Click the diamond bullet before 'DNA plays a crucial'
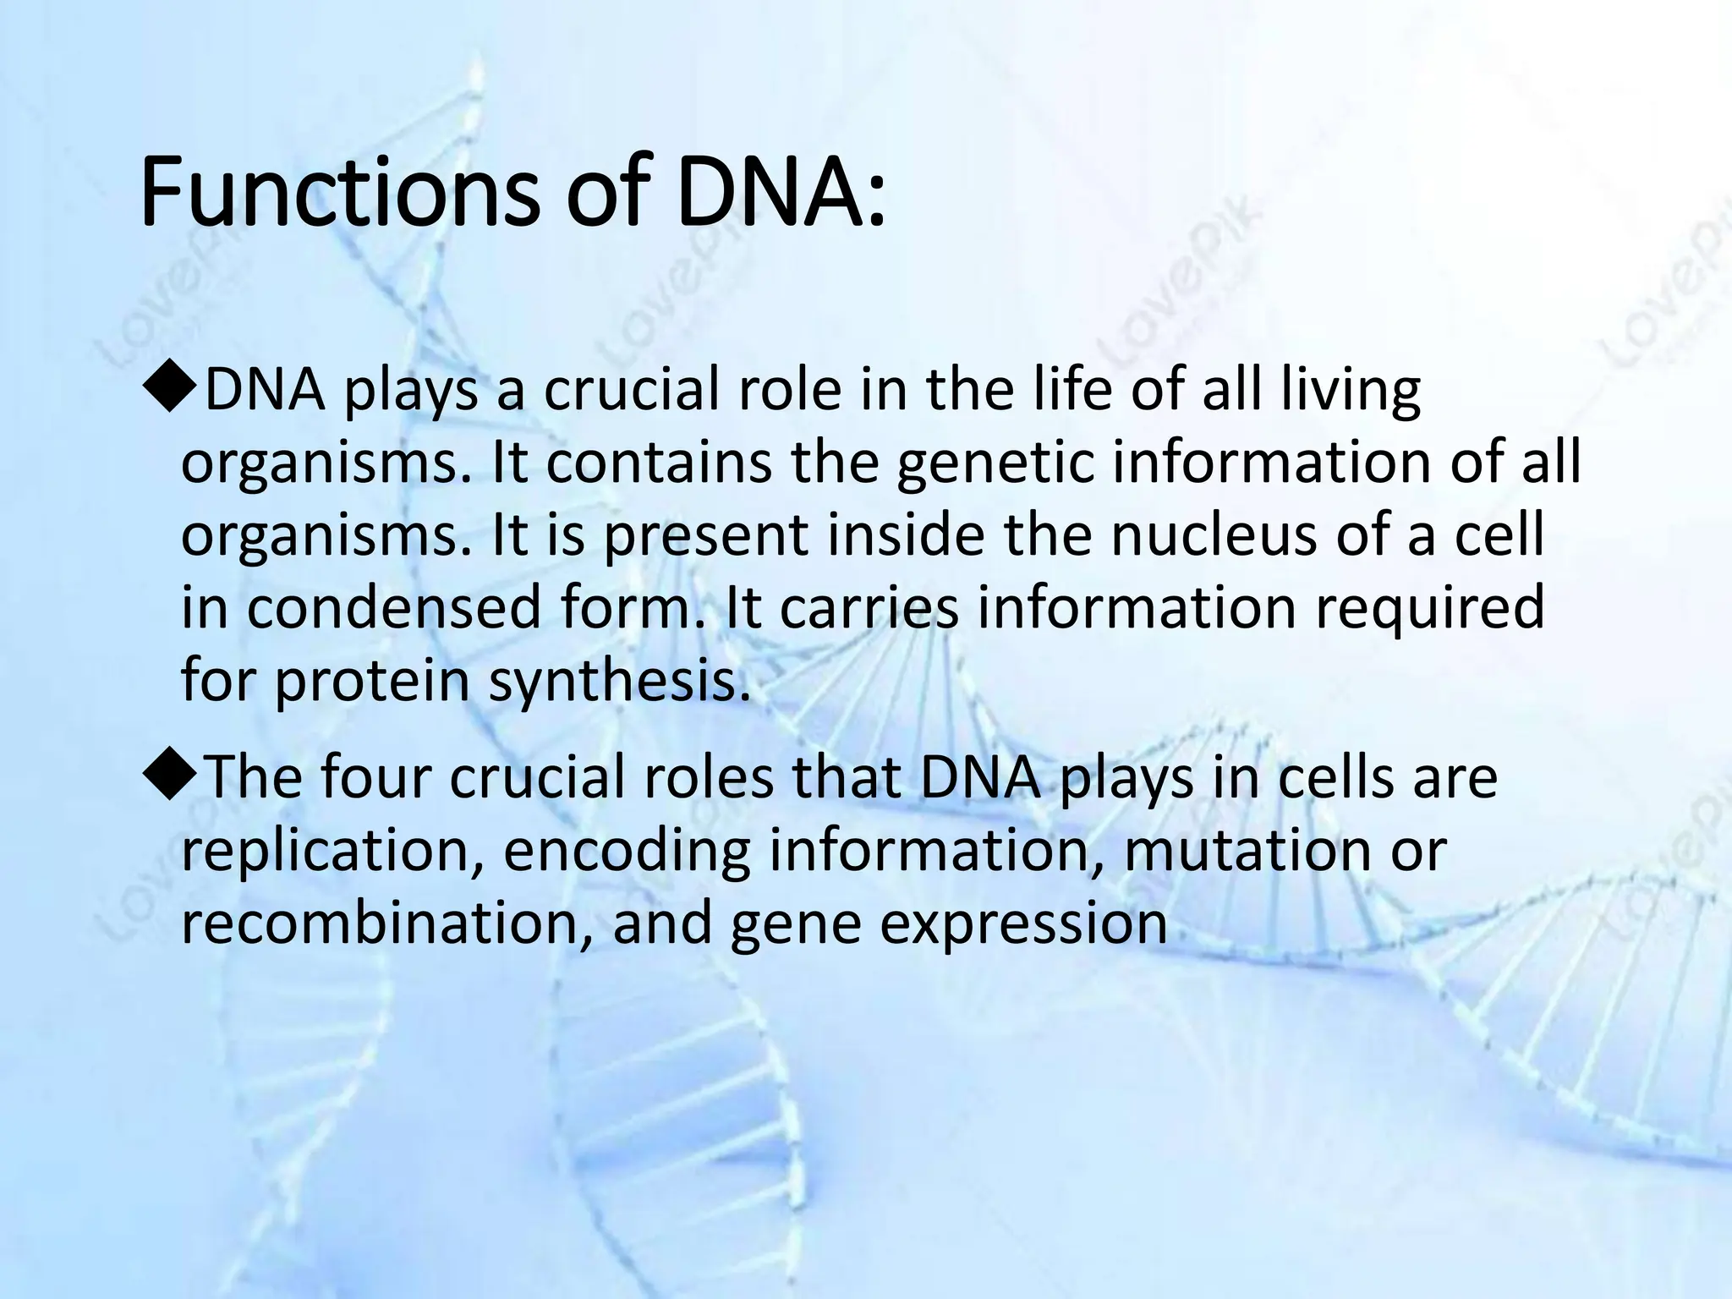click(171, 392)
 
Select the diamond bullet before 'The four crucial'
click(171, 778)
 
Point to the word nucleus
click(1213, 536)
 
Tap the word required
click(1429, 608)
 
